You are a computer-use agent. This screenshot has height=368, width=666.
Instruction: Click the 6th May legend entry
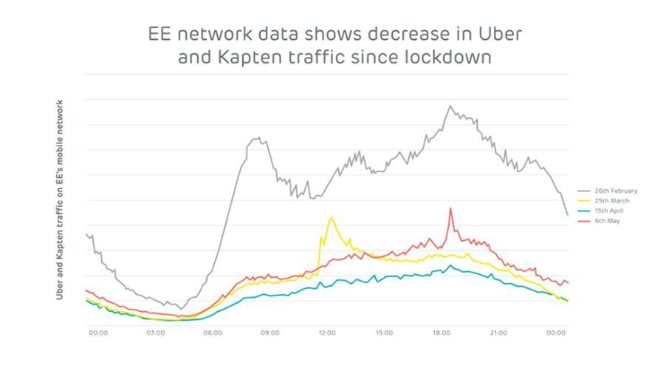[x=605, y=220]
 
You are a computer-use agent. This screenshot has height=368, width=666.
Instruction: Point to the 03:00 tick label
[x=156, y=333]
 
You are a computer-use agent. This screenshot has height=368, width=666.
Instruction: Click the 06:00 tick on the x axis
[x=213, y=333]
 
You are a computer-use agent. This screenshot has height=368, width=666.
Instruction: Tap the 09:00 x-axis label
[x=270, y=333]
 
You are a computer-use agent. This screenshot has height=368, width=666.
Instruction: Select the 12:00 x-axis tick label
[x=326, y=333]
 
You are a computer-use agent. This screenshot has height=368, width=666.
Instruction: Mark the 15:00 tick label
[x=384, y=333]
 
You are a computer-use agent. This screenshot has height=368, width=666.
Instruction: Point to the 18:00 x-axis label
[x=441, y=333]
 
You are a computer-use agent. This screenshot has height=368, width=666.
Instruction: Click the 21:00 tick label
[x=498, y=333]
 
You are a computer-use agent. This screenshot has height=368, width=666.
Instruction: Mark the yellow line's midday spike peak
[x=331, y=218]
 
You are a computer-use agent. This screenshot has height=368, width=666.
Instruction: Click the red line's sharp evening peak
[x=450, y=208]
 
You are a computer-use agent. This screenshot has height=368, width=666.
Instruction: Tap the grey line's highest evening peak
[x=450, y=106]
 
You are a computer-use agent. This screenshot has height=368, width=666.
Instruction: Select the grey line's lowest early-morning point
[x=180, y=309]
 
